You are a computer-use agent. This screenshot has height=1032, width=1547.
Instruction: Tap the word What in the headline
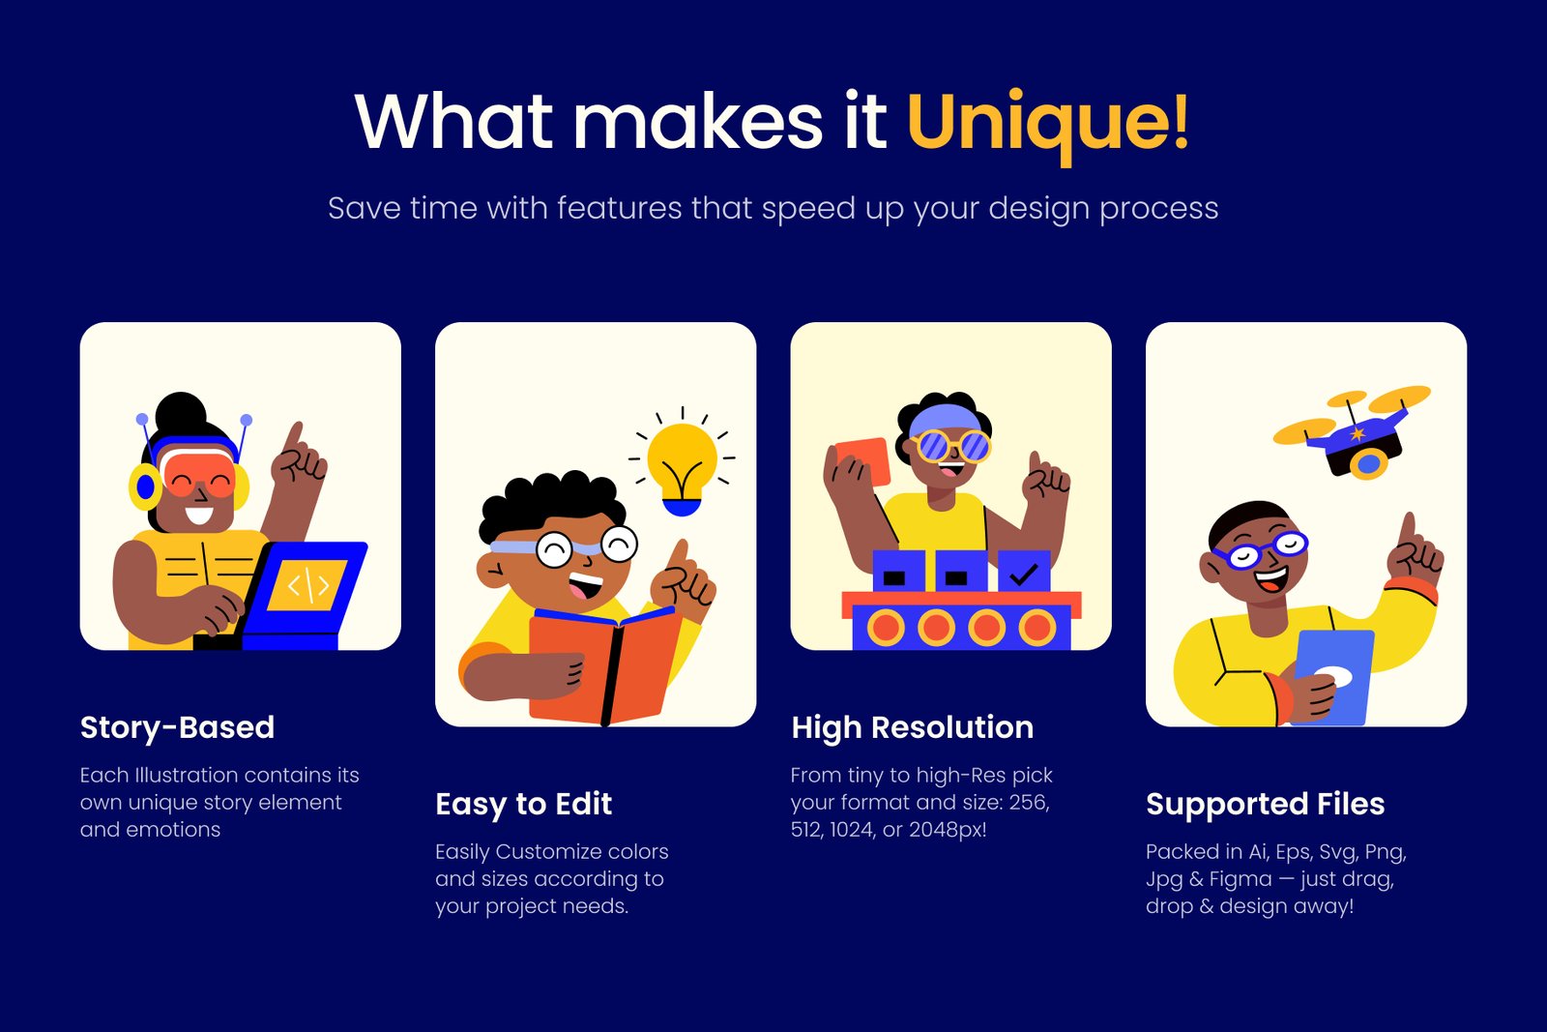453,121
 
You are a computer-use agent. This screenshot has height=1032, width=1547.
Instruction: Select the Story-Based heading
178,727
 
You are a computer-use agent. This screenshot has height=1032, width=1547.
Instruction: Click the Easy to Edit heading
523,804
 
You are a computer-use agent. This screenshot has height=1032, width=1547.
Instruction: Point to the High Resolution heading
913,727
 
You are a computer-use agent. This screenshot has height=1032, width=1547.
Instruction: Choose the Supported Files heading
1266,804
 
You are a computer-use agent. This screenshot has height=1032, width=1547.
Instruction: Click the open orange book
606,666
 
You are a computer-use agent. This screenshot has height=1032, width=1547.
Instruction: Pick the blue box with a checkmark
1024,572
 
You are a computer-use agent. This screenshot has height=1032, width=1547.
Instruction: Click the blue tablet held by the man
1332,678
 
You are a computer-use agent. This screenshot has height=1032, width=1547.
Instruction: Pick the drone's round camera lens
1367,464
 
